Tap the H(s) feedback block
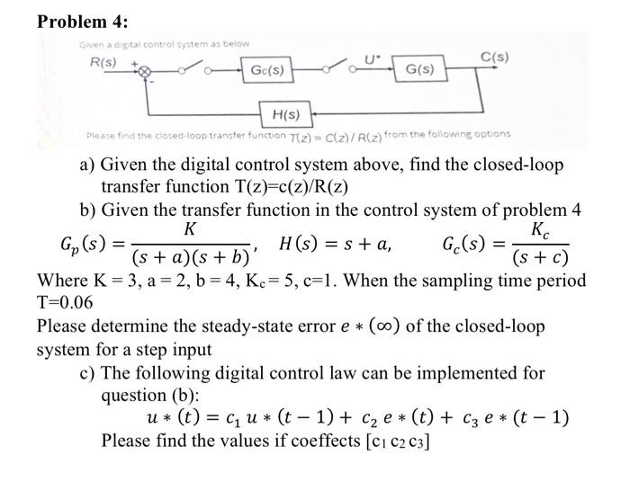[x=285, y=115]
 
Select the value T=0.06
[x=67, y=303]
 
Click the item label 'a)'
[x=88, y=165]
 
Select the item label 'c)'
[x=88, y=371]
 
